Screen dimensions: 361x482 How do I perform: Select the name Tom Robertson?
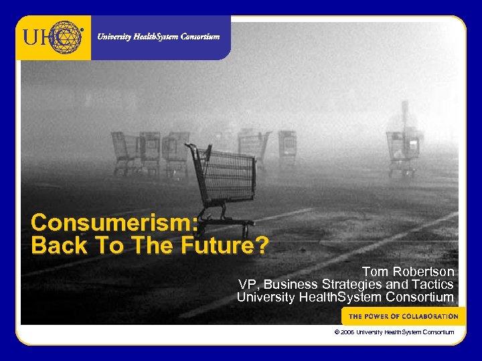tap(408, 272)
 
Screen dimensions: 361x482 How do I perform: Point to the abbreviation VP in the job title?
tap(246, 284)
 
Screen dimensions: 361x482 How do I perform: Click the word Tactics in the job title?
tap(430, 284)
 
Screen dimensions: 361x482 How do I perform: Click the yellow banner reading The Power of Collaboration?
tap(403, 316)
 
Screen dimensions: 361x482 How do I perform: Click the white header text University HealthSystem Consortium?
tap(158, 37)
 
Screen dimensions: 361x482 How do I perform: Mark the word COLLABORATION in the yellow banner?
tap(430, 316)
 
